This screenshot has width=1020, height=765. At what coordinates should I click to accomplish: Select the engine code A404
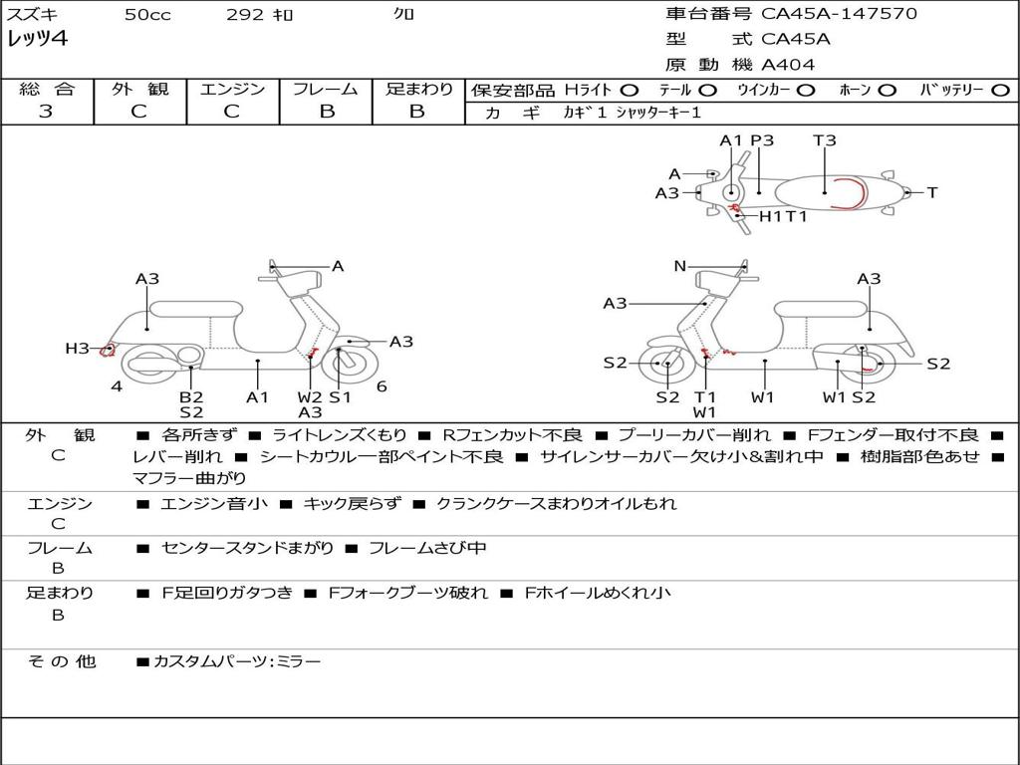click(x=788, y=65)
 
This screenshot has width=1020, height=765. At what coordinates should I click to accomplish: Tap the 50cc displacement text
click(x=147, y=15)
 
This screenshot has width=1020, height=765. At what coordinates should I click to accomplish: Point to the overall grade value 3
click(x=46, y=112)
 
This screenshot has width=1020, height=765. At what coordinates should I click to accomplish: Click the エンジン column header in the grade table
click(x=233, y=90)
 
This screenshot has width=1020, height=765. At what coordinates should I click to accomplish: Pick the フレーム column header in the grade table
click(x=326, y=90)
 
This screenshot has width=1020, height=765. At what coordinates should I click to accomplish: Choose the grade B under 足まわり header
click(x=417, y=112)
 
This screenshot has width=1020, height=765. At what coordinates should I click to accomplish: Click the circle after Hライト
click(x=630, y=91)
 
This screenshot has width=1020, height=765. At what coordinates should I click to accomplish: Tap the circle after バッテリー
click(x=1000, y=91)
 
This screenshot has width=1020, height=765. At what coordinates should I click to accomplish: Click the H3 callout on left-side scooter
click(x=78, y=349)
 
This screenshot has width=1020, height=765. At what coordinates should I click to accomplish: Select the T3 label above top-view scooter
click(x=825, y=140)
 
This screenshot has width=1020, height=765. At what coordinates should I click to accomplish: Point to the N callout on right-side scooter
click(x=680, y=266)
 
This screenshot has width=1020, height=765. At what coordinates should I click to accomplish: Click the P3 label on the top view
click(x=762, y=140)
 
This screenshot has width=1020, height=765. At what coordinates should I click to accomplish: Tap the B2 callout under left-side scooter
click(x=191, y=397)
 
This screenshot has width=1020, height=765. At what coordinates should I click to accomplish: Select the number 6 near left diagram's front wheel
click(x=382, y=386)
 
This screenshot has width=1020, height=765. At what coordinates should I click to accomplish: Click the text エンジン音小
click(x=214, y=504)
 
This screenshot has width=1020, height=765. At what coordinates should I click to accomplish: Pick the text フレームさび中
click(x=427, y=549)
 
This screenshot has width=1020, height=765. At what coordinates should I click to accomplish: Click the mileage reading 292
click(x=246, y=15)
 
